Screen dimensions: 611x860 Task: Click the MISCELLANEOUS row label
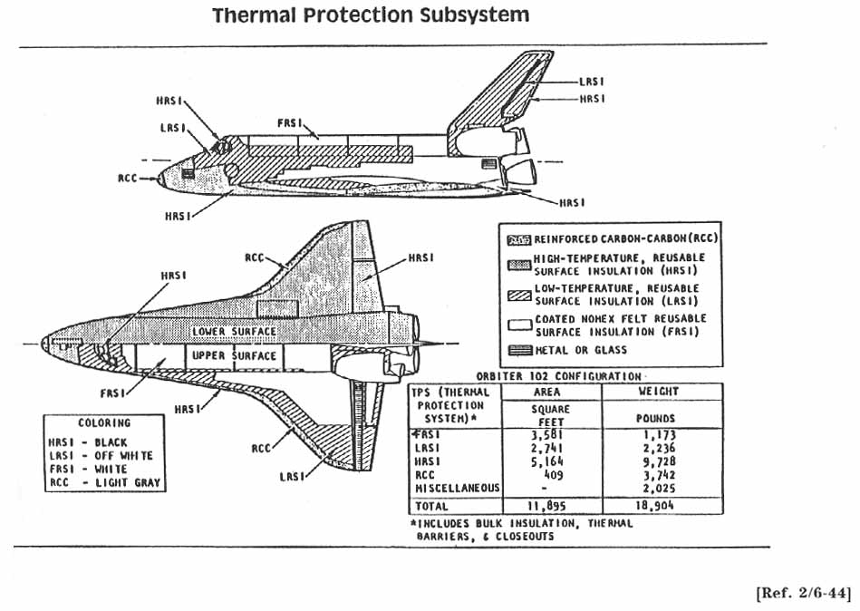point(457,488)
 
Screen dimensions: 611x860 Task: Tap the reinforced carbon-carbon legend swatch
point(518,239)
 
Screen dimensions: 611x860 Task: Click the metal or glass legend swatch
point(518,349)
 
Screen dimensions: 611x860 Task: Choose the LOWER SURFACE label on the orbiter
point(234,332)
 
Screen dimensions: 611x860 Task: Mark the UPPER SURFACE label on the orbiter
point(234,356)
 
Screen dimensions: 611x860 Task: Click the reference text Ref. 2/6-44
point(803,594)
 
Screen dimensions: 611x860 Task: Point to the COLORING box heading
point(103,422)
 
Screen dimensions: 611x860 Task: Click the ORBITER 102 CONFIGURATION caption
point(560,375)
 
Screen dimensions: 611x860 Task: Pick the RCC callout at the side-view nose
point(127,179)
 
